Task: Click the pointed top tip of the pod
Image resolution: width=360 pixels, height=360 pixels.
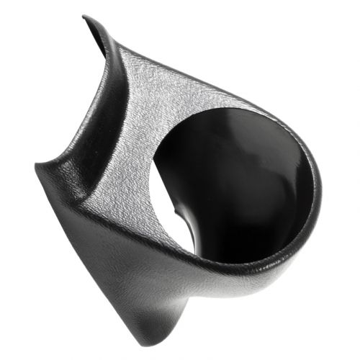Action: (86, 18)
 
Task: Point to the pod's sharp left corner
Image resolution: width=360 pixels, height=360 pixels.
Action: (37, 167)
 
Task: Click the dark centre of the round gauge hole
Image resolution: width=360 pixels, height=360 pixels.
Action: (238, 180)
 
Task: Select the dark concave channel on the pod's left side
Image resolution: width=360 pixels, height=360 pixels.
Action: (94, 122)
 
